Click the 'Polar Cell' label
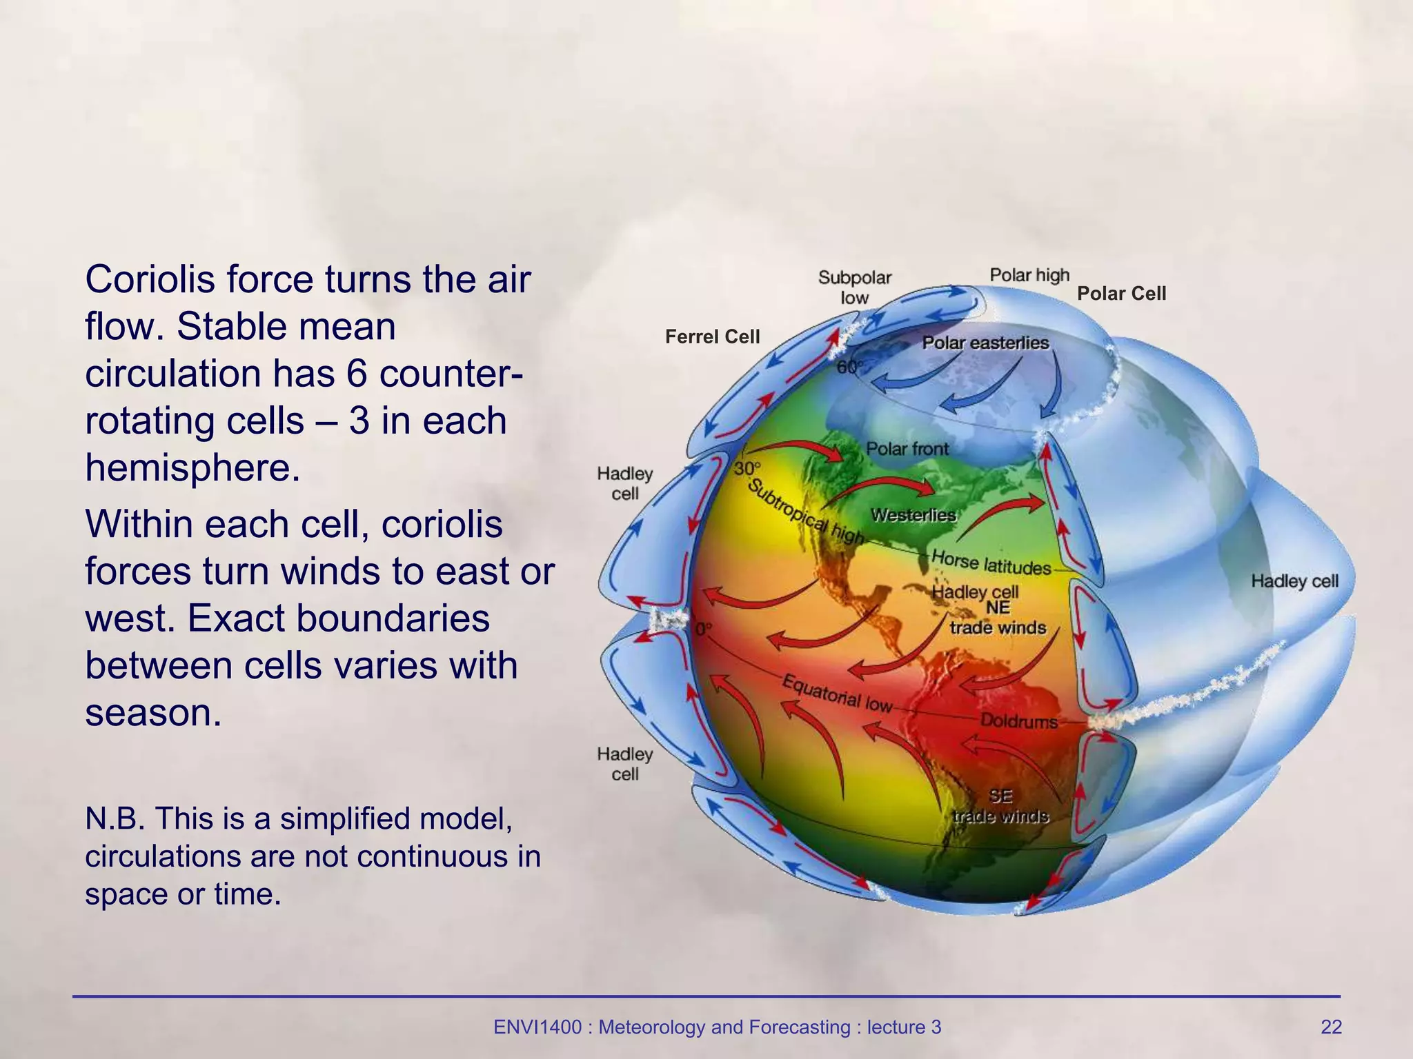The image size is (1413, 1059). pos(1121,294)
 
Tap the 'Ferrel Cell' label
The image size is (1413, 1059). pos(712,336)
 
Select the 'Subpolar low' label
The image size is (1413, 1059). pos(854,288)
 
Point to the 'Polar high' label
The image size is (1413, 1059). pos(1029,275)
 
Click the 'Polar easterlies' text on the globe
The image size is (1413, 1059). pos(985,343)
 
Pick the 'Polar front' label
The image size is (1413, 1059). pos(907,449)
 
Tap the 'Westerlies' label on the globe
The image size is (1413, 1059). pos(913,515)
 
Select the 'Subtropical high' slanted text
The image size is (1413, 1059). pos(805,511)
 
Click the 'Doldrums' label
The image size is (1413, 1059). pos(1019,721)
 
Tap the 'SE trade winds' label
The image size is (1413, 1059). pos(1000,806)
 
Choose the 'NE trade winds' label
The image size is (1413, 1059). pos(998,618)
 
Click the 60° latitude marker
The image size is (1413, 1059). pos(849,367)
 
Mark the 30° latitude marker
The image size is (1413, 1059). pos(747,469)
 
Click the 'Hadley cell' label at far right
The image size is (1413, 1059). pos(1294,581)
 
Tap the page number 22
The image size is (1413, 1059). pos(1331,1027)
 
